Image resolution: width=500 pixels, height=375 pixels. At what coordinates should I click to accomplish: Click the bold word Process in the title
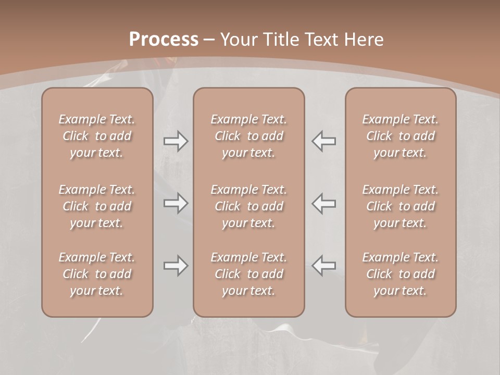point(164,40)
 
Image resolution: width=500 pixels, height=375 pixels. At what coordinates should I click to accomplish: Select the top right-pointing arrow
point(176,141)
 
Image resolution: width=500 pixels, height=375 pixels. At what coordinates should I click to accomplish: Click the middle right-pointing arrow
point(176,203)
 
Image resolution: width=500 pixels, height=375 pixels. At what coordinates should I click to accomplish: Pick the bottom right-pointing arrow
point(176,266)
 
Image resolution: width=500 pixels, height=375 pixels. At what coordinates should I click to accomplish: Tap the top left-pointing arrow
point(323,141)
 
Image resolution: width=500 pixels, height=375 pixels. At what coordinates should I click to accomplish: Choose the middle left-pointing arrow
point(323,203)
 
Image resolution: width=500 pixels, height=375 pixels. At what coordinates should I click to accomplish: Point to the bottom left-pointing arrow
point(323,266)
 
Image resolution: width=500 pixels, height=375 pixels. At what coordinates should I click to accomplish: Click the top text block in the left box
point(97,136)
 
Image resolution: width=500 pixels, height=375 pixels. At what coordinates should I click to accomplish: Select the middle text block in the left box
point(97,206)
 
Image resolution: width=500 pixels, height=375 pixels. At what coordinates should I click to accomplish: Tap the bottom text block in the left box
point(97,274)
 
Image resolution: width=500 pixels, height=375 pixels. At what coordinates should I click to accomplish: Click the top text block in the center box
point(249,136)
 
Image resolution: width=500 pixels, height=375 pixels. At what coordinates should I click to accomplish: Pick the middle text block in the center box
point(249,206)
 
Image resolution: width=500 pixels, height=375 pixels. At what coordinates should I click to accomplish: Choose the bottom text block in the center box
point(249,274)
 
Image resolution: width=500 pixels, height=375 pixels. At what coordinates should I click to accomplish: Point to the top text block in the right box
point(401,136)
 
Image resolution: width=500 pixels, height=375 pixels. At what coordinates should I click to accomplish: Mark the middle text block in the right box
point(401,206)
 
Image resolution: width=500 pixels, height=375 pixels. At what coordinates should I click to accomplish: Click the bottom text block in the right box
point(401,274)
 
